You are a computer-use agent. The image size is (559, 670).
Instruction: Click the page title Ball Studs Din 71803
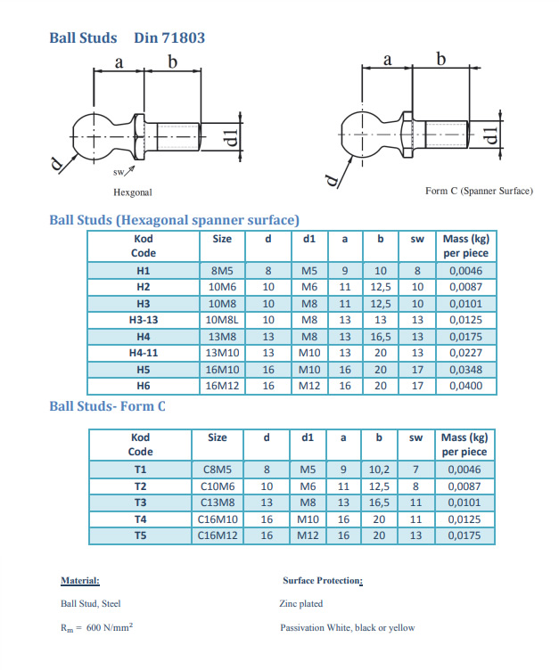[127, 37]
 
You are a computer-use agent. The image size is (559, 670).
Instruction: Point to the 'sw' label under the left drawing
[119, 172]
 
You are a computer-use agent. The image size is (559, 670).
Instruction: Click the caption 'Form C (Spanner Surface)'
[479, 192]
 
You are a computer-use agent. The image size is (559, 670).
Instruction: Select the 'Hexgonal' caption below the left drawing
[133, 192]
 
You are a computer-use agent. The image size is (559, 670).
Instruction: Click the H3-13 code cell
[143, 319]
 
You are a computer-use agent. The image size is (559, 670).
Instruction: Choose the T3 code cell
[140, 502]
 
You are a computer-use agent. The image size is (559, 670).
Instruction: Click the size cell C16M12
[217, 535]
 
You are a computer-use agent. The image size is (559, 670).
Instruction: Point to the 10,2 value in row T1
[379, 469]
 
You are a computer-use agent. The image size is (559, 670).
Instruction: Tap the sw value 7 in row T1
[415, 469]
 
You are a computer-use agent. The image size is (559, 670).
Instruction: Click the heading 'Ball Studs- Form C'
[107, 406]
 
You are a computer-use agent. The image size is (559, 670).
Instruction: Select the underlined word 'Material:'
[80, 581]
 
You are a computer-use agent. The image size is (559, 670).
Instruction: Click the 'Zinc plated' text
[300, 604]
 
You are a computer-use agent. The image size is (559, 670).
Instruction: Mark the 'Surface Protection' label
[322, 581]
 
